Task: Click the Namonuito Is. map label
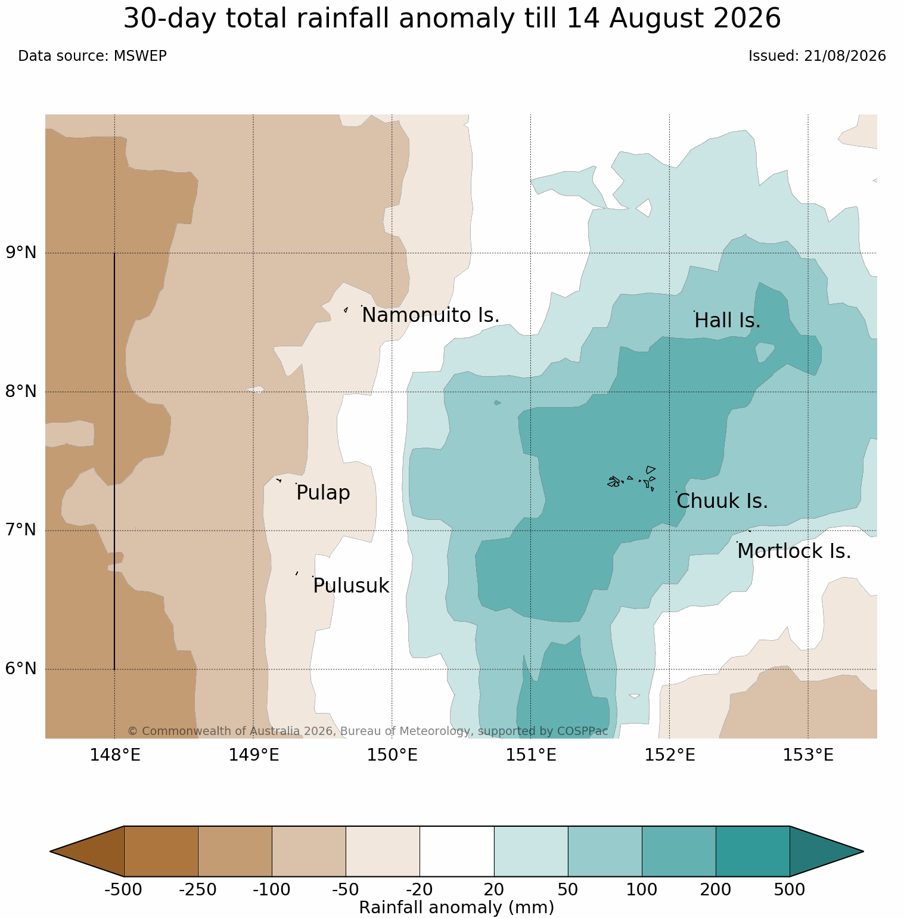click(x=430, y=315)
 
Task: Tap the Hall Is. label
click(x=728, y=321)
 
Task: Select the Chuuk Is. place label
click(x=722, y=501)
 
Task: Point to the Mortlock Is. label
click(x=794, y=551)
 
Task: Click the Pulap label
click(x=323, y=493)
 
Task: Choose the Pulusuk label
click(x=351, y=586)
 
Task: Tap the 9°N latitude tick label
click(x=21, y=253)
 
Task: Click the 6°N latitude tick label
click(x=21, y=669)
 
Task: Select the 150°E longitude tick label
click(x=392, y=755)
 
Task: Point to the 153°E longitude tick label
click(x=808, y=755)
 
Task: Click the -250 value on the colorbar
click(x=198, y=890)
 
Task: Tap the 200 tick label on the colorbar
click(x=716, y=890)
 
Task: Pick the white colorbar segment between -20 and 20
click(x=457, y=851)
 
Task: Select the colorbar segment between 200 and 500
click(x=753, y=851)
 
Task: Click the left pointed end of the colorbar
click(x=51, y=851)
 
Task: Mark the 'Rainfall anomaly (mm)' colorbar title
click(x=456, y=907)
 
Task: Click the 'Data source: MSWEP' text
click(x=92, y=56)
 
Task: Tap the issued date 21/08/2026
click(x=845, y=56)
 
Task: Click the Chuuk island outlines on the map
click(x=632, y=479)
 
